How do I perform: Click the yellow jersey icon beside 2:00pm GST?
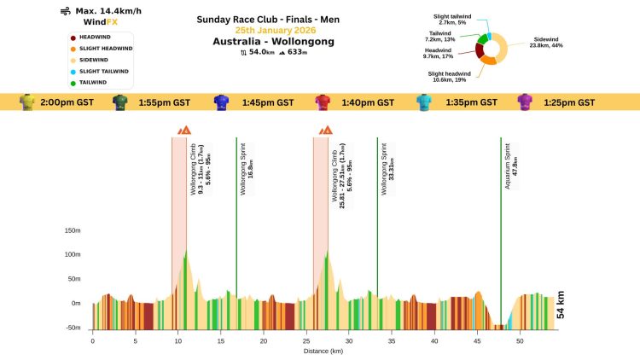pyautogui.click(x=27, y=102)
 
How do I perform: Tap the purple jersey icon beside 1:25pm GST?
pyautogui.click(x=527, y=102)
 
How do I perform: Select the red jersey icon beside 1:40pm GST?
pyautogui.click(x=323, y=102)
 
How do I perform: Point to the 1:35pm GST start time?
pyautogui.click(x=472, y=102)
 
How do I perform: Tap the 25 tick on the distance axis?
pyautogui.click(x=305, y=340)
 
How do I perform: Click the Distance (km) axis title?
pyautogui.click(x=324, y=351)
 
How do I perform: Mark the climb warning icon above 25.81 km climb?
pyautogui.click(x=325, y=130)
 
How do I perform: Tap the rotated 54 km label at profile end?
pyautogui.click(x=561, y=305)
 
